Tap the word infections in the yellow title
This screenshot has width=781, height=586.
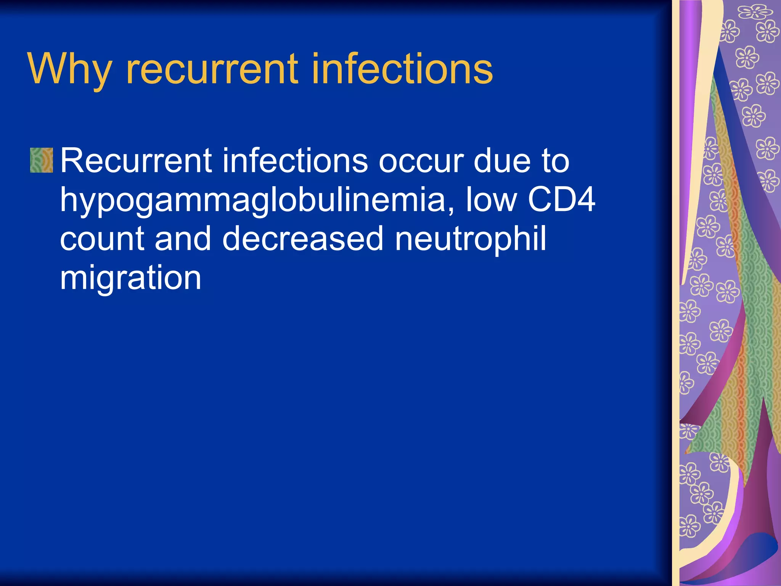(x=402, y=69)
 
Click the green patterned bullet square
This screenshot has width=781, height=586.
(x=42, y=160)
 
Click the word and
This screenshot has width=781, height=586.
(x=183, y=239)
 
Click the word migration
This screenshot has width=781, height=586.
(x=130, y=279)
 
